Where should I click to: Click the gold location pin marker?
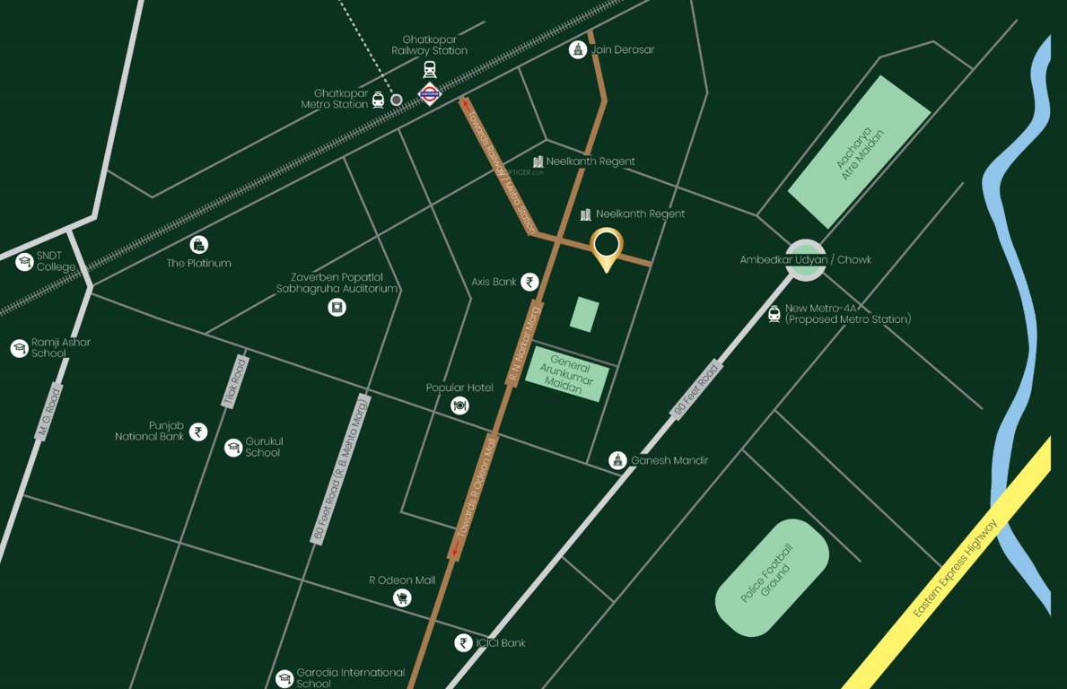(607, 245)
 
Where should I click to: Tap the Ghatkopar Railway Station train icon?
(430, 68)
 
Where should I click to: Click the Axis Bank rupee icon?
(530, 282)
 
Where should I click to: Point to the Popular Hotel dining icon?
(459, 406)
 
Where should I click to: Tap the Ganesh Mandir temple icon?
(617, 460)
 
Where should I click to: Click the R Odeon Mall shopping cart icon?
(402, 597)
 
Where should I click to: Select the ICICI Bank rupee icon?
(463, 642)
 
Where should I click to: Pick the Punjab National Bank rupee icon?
(198, 432)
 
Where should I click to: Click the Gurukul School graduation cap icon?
(233, 447)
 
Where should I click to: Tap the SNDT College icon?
(24, 261)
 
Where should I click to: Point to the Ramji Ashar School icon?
(19, 348)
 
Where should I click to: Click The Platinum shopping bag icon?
(199, 244)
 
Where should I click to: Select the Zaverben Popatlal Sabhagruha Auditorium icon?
(337, 308)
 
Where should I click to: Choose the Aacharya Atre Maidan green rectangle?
(859, 151)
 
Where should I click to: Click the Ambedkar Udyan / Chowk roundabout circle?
(805, 259)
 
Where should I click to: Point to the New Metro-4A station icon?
(774, 313)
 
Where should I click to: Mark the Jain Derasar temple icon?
(577, 49)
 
